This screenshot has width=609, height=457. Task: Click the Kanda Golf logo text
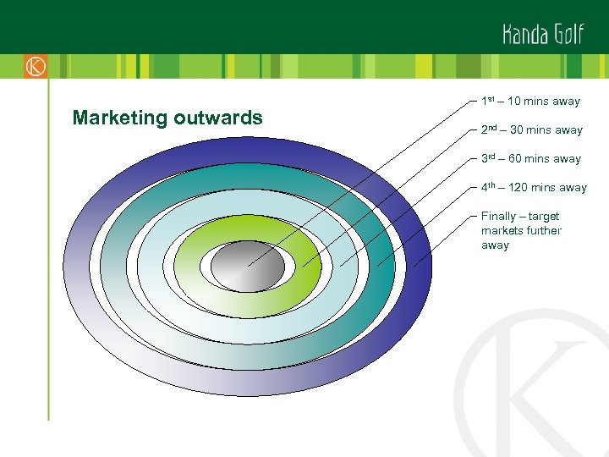click(x=542, y=33)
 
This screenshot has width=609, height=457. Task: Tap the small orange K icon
click(x=36, y=67)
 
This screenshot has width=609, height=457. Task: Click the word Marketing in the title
click(x=120, y=118)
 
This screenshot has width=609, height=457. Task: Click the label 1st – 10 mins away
click(x=530, y=102)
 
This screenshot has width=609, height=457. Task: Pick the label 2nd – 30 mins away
click(x=531, y=130)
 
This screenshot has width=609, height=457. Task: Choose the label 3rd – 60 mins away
click(x=530, y=159)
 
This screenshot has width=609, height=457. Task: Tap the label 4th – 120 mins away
click(x=534, y=188)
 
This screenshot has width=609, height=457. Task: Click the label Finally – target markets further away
click(x=521, y=230)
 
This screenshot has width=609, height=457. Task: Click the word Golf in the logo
click(x=569, y=33)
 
